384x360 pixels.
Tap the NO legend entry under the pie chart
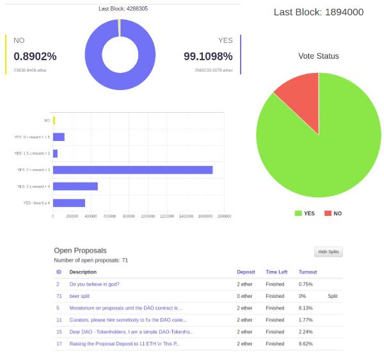coord(333,213)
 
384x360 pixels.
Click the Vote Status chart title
coord(319,56)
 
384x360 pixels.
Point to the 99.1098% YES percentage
coord(208,56)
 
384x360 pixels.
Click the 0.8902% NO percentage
coord(35,56)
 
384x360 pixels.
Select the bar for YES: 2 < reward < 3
coord(132,170)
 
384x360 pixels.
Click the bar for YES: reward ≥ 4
coord(69,203)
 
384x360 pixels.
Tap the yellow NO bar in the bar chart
coord(54,120)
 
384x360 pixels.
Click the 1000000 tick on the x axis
coord(148,217)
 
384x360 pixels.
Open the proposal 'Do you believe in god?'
coord(95,284)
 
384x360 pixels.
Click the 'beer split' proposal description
coord(79,297)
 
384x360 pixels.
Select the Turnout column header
coord(308,272)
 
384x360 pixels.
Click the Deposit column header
coord(246,272)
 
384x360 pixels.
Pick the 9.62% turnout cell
coord(306,344)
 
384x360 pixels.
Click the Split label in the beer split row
coord(333,297)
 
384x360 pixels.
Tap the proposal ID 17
coord(59,344)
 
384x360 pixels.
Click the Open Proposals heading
coord(80,250)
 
